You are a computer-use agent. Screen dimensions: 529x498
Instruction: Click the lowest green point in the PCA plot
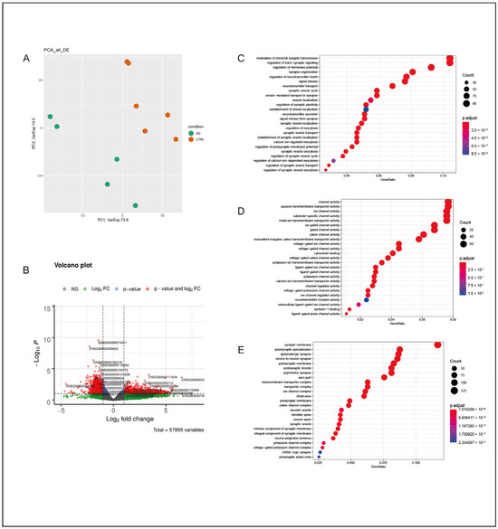pos(136,205)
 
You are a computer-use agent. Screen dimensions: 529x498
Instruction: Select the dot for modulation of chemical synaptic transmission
pos(450,61)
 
